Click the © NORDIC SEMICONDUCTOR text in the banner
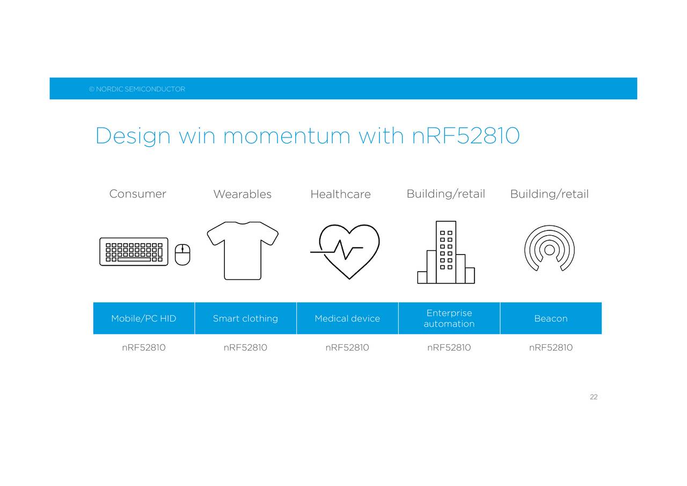tap(137, 89)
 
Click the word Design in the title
tap(133, 136)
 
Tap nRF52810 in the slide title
tap(465, 135)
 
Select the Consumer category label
tap(138, 194)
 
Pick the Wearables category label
tap(242, 194)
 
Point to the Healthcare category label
tap(340, 194)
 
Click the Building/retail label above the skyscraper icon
tap(445, 194)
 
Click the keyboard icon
tap(134, 251)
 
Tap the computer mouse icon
tap(182, 255)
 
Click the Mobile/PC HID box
tap(144, 318)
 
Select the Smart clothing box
tap(246, 318)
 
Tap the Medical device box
tap(347, 318)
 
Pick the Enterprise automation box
tap(449, 318)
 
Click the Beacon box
tap(551, 318)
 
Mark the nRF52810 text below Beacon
tap(551, 347)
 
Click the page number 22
tap(594, 397)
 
